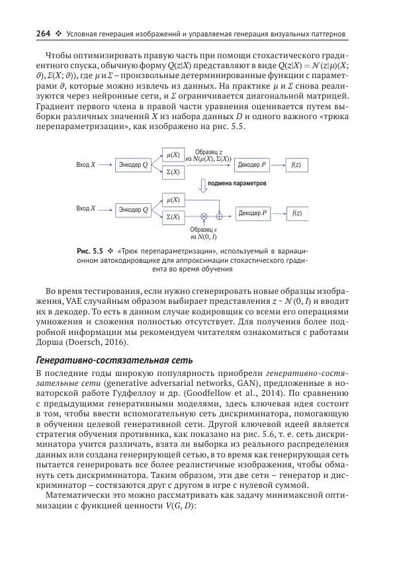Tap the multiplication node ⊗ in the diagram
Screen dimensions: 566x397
tap(204, 216)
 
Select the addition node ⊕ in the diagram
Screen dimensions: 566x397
tap(220, 216)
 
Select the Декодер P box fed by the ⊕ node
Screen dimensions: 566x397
tap(253, 213)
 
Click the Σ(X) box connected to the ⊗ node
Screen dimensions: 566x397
tap(173, 216)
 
